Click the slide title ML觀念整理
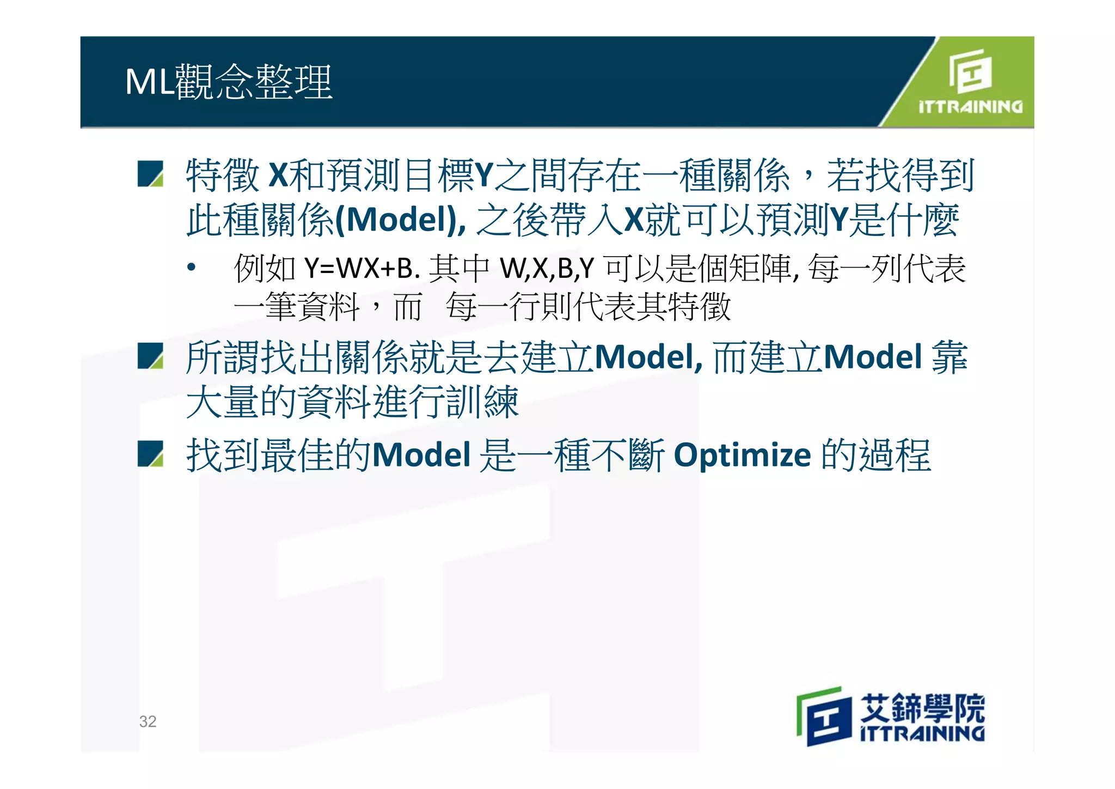(x=229, y=82)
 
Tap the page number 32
(x=148, y=721)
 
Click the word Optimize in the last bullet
(x=742, y=455)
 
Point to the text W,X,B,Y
(x=547, y=269)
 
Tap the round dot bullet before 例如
(x=191, y=268)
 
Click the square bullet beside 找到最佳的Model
(x=150, y=454)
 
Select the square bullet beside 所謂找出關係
(x=150, y=356)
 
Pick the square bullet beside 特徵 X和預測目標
(x=150, y=174)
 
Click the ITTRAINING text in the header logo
(x=970, y=107)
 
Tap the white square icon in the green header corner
(x=970, y=71)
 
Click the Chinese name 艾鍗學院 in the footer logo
(x=922, y=707)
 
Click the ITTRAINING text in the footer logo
(x=922, y=733)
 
